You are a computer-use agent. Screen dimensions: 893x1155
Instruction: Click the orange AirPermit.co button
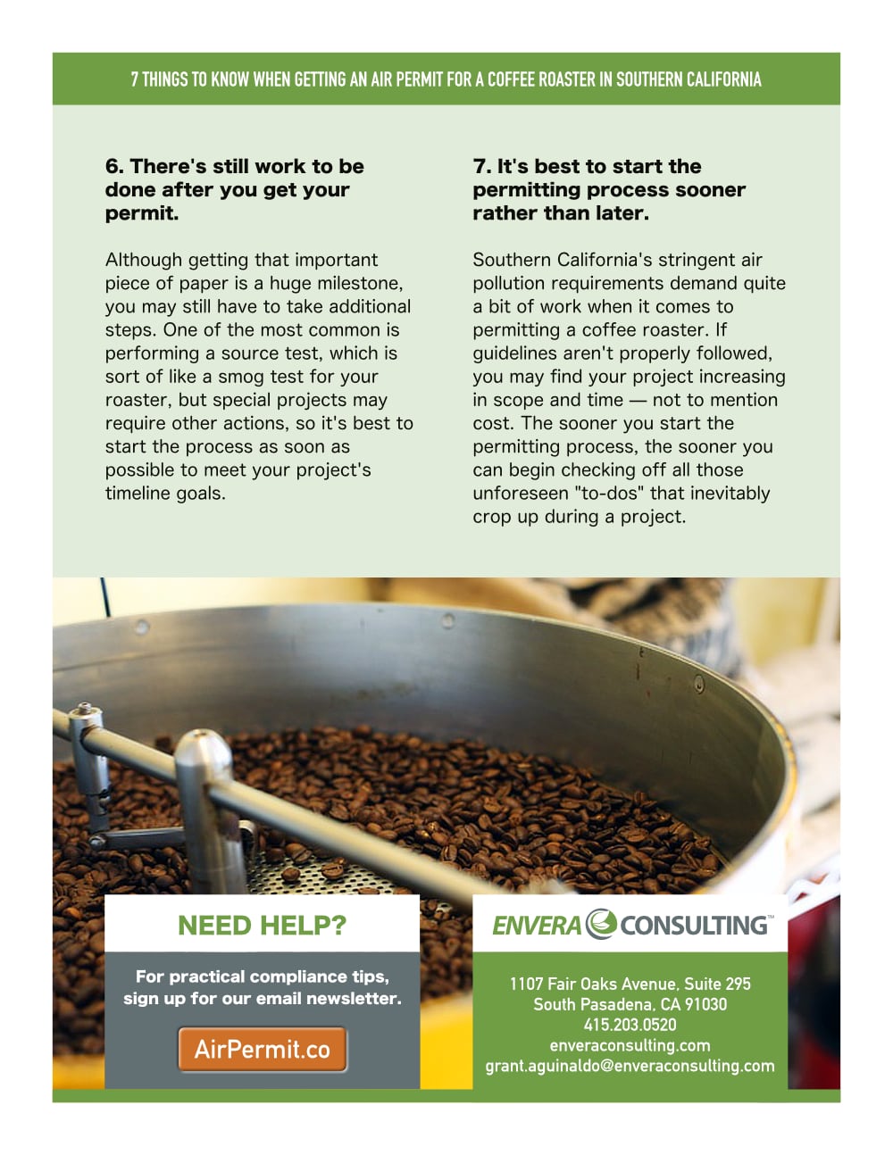tap(263, 1049)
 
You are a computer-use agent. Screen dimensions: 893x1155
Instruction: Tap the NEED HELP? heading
tap(262, 926)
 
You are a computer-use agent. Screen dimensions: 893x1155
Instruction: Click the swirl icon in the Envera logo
tap(601, 924)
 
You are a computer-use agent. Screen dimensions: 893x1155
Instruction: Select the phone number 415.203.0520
tap(630, 1025)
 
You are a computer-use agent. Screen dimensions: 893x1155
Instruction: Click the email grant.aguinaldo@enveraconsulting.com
tap(630, 1067)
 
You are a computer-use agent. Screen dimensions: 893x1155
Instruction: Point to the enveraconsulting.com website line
tap(630, 1045)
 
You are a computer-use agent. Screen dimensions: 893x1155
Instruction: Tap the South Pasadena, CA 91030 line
tap(630, 1004)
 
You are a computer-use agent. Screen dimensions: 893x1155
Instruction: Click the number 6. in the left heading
tap(114, 166)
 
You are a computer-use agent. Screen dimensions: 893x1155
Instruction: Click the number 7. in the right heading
tap(481, 166)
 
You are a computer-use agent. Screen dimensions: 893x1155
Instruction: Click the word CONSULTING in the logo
tap(693, 926)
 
